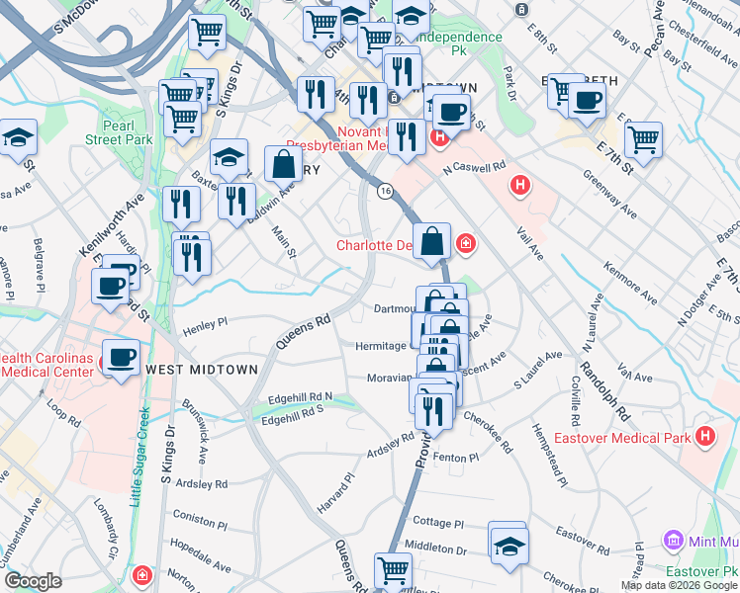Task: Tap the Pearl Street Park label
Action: [125, 132]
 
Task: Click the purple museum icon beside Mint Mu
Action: [673, 541]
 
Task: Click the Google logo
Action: [33, 581]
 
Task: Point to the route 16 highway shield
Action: [383, 189]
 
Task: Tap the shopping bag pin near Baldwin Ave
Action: [284, 164]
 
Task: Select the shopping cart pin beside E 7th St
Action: [643, 139]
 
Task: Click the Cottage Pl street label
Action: [431, 522]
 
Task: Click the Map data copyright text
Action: [678, 585]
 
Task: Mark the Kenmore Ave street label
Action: [629, 282]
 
